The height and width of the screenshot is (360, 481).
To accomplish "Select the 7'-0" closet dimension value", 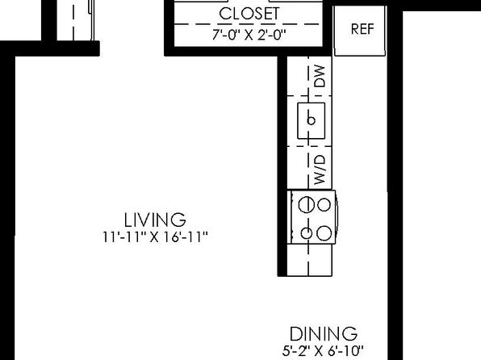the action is pos(225,35).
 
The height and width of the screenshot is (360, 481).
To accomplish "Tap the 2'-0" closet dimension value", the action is pos(272,35).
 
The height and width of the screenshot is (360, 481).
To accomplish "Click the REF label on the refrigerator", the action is pos(362,29).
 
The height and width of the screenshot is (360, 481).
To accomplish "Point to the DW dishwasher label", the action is pos(320,76).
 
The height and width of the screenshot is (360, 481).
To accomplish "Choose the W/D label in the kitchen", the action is pos(320,170).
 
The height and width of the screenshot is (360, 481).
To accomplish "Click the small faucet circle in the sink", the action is pos(311,120).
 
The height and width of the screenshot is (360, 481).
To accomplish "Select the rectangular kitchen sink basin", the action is pos(311,120).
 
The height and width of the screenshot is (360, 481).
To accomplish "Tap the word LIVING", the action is pos(155,220).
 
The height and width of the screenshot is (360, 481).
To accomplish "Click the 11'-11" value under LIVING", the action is pos(123,237).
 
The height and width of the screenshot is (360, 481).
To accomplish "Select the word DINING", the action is pos(324,334).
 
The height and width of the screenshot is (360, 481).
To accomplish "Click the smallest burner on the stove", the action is pos(307,233).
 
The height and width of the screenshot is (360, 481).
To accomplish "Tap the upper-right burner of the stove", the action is pos(324,205).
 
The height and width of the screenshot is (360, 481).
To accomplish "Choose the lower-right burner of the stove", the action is pos(324,233).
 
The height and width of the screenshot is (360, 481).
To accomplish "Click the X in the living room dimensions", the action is pos(154,237).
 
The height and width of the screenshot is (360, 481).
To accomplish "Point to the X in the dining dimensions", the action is pos(319,351).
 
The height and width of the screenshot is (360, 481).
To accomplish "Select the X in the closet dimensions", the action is pos(249,36).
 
